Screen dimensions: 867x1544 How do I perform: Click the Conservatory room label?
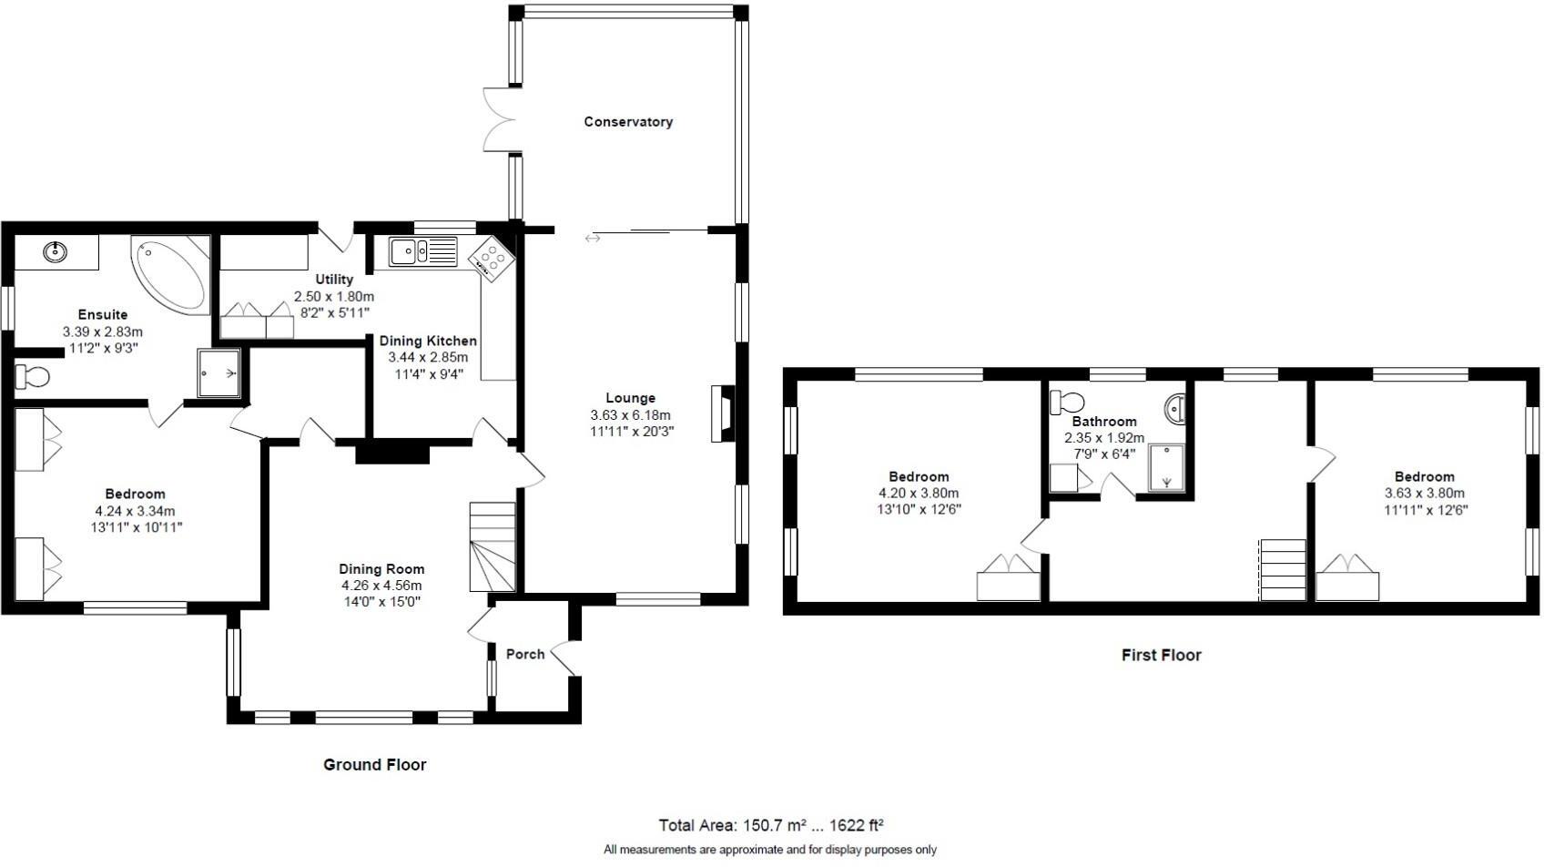(x=628, y=122)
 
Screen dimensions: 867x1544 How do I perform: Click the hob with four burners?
(x=493, y=259)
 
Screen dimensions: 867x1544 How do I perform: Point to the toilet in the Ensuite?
(x=34, y=375)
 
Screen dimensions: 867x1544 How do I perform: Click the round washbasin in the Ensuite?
(x=56, y=251)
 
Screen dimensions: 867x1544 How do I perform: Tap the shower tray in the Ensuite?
(x=218, y=373)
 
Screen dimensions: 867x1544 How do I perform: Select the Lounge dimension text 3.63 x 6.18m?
(x=631, y=415)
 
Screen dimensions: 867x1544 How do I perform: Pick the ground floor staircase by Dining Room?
(x=493, y=546)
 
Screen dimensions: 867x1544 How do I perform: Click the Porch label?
(x=525, y=654)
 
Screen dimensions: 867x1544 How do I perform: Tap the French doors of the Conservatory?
(x=500, y=120)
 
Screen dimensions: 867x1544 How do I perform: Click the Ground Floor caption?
(x=375, y=765)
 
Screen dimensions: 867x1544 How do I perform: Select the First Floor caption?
(x=1161, y=655)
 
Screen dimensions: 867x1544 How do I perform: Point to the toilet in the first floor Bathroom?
(x=1067, y=401)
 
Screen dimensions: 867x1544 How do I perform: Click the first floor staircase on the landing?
(x=1283, y=569)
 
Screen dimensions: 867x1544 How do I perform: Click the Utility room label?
(x=334, y=280)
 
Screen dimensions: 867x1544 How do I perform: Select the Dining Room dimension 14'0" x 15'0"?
(x=381, y=601)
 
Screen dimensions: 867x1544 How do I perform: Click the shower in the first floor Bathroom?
(x=1166, y=468)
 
